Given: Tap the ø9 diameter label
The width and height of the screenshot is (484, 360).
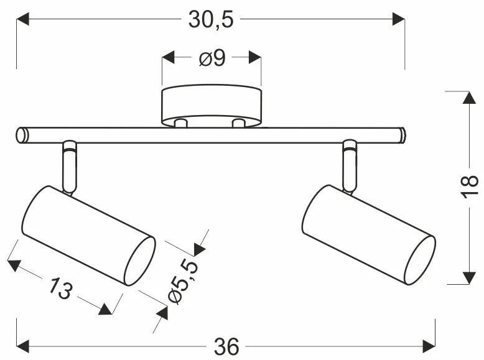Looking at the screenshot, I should [212, 58].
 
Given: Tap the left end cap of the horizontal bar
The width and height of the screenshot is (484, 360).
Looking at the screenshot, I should [22, 134].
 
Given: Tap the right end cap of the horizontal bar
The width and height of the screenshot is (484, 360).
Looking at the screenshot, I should [401, 134].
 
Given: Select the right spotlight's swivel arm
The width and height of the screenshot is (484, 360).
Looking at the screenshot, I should [350, 165].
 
